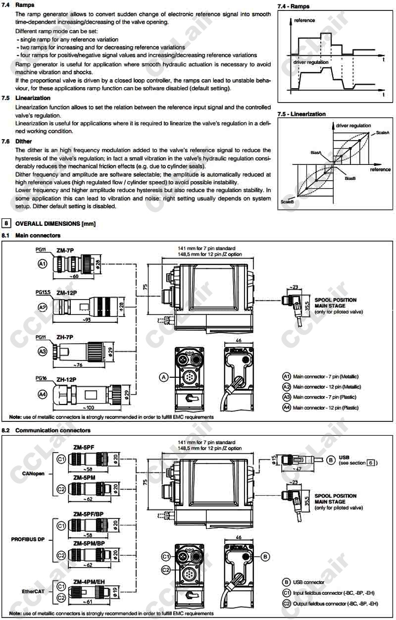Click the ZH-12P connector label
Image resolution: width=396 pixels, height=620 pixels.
click(66, 379)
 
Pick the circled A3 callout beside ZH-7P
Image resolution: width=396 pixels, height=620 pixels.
click(43, 351)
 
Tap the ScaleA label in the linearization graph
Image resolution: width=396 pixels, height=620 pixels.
click(383, 133)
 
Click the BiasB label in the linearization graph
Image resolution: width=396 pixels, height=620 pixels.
click(350, 178)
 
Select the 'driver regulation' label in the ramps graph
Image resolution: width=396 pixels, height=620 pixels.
click(311, 62)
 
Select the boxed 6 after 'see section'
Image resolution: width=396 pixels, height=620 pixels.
click(370, 463)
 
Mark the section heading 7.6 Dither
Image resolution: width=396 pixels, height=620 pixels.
click(23, 142)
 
